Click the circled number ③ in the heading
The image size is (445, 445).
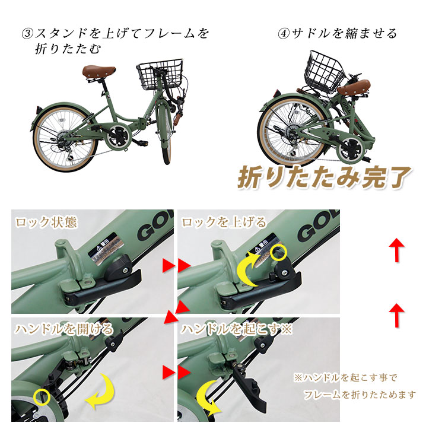tap(27, 34)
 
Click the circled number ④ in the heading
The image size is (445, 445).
tap(284, 34)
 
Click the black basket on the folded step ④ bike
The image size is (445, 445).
tap(325, 68)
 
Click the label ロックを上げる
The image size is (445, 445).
tap(224, 223)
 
